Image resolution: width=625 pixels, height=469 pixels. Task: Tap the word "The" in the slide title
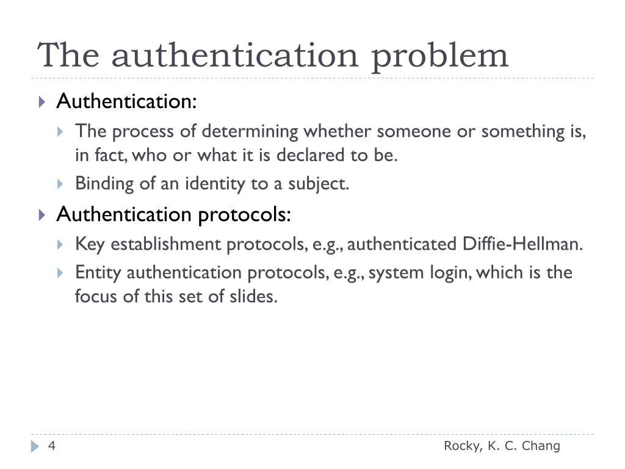click(68, 55)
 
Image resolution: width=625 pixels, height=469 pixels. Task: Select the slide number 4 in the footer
click(52, 446)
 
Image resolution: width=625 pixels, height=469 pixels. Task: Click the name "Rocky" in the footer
click(463, 446)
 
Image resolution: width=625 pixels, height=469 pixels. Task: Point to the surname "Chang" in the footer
click(539, 446)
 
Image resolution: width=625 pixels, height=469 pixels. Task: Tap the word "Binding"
click(98, 184)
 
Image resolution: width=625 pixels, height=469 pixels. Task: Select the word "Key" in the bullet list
click(87, 245)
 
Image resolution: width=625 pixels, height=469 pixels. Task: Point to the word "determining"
click(251, 131)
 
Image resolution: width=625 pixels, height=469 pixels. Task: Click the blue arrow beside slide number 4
click(35, 447)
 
